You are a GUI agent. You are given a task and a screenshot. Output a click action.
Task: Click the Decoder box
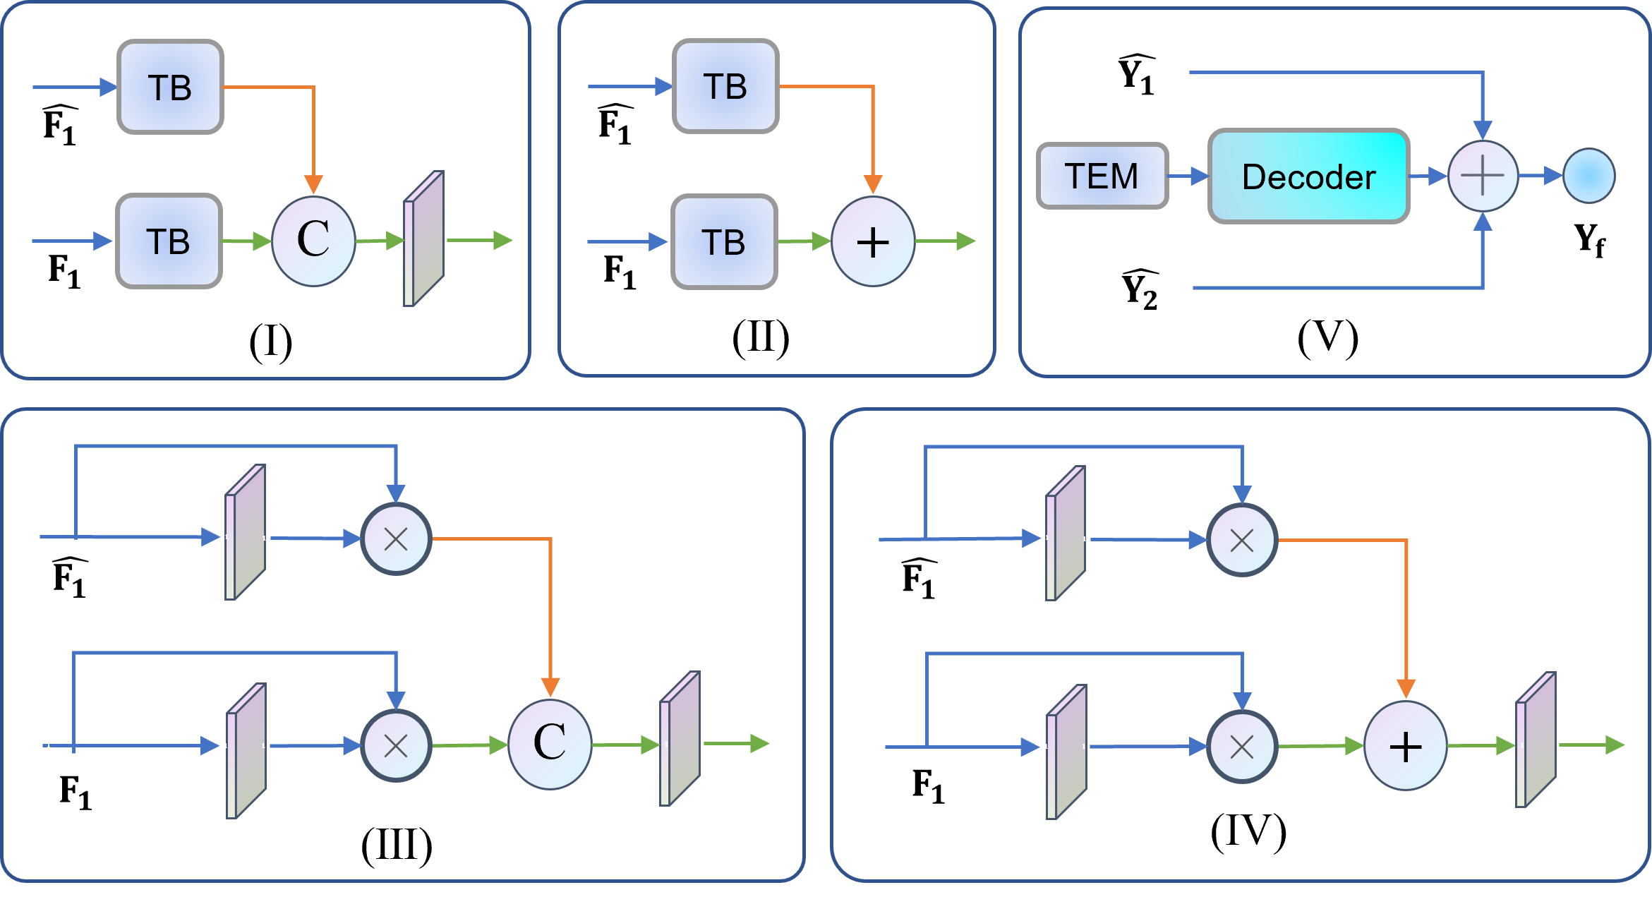tap(1308, 176)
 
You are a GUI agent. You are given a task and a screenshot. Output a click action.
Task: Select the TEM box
tap(1102, 176)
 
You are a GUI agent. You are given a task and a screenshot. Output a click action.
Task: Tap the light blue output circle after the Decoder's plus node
tap(1588, 176)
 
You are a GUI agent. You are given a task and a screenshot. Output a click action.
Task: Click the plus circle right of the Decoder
tap(1483, 176)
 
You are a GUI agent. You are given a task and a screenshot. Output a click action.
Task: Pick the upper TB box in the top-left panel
tap(170, 87)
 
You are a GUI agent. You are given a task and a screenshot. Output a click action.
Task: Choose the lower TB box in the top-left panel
tap(169, 241)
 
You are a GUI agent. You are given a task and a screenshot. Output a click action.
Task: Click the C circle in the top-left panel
tap(313, 241)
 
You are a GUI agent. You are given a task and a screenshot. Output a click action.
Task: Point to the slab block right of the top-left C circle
tap(423, 239)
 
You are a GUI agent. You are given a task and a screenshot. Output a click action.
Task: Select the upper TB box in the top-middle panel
tap(725, 86)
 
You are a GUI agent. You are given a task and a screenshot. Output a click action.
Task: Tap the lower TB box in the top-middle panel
tap(724, 242)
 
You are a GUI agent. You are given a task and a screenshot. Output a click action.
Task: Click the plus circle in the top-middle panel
tap(873, 242)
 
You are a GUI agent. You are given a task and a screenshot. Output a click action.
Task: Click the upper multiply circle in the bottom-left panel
tap(396, 539)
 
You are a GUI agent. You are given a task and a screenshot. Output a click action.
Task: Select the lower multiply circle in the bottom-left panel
tap(396, 745)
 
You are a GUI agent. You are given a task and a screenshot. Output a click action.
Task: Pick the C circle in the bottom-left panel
tap(550, 743)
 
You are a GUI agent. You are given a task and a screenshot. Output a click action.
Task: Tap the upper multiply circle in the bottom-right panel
tap(1241, 541)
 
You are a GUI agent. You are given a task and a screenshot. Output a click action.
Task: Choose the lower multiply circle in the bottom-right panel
tap(1241, 747)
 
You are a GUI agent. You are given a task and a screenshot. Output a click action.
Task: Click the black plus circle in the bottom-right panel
tap(1405, 746)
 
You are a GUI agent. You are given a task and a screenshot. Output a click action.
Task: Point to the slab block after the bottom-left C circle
tap(680, 739)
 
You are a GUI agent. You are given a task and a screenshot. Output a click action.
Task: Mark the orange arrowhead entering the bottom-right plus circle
tap(1406, 688)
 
